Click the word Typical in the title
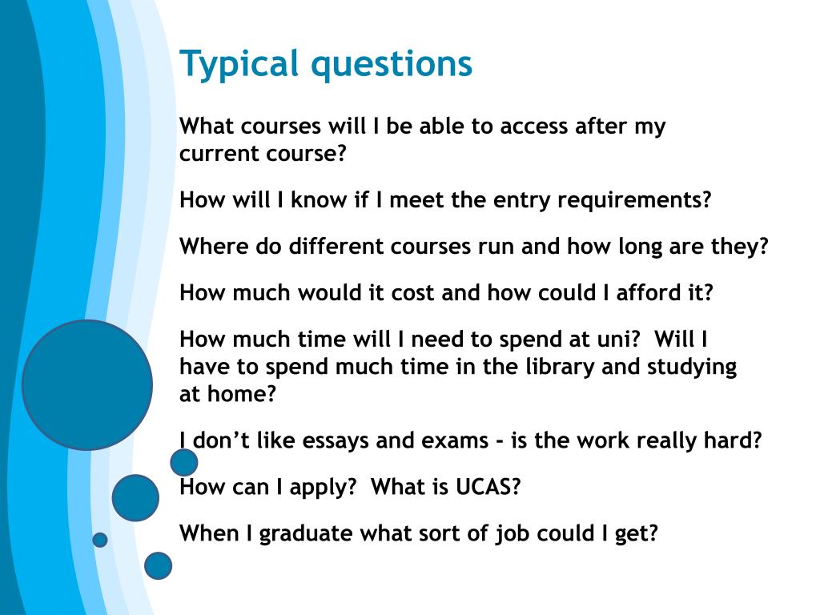tap(239, 64)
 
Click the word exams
tap(455, 441)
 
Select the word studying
tap(692, 368)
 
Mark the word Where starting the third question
tap(214, 247)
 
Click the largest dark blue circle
tap(87, 385)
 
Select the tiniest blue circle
tap(100, 540)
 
